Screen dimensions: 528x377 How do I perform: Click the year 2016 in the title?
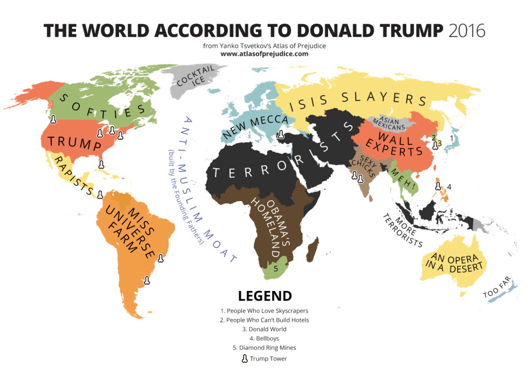pos(467,30)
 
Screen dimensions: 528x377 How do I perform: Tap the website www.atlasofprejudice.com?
pos(264,54)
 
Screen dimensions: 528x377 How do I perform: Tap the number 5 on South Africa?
pos(276,268)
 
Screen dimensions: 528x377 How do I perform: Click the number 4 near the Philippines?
pos(449,187)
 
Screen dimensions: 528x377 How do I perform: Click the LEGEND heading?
pos(265,296)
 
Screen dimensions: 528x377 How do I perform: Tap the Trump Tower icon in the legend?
pos(245,358)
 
